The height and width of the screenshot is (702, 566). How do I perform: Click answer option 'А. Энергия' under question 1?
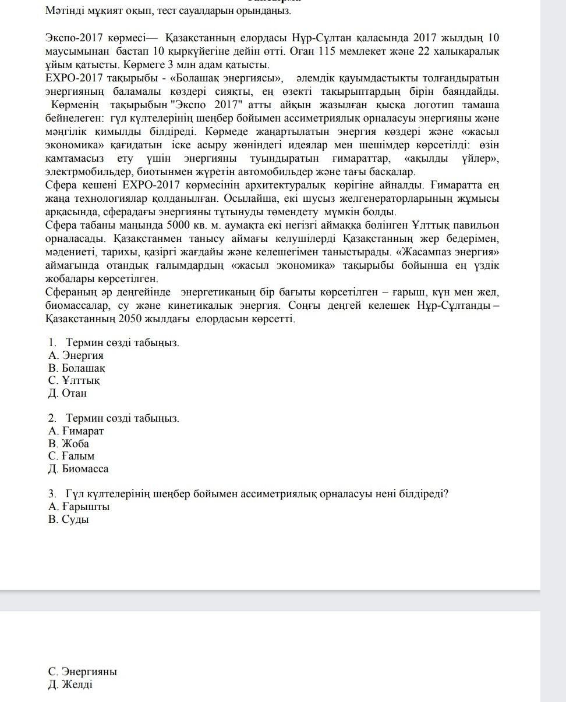pyautogui.click(x=76, y=355)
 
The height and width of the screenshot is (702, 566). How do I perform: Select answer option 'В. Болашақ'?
pyautogui.click(x=77, y=368)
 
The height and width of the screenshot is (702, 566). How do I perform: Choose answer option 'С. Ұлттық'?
pyautogui.click(x=74, y=380)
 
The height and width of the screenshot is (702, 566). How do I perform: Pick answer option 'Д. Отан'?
pyautogui.click(x=68, y=393)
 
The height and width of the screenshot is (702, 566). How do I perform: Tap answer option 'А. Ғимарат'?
pyautogui.click(x=76, y=431)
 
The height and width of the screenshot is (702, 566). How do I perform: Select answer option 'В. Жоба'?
pyautogui.click(x=69, y=444)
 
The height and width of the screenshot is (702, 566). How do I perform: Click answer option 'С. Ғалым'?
pyautogui.click(x=71, y=456)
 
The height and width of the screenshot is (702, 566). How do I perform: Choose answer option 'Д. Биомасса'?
pyautogui.click(x=78, y=469)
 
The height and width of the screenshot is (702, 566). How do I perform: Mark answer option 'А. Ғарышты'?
pyautogui.click(x=79, y=507)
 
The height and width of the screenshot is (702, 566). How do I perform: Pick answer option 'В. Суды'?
pyautogui.click(x=69, y=519)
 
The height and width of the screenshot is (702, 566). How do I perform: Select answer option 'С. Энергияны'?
pyautogui.click(x=82, y=672)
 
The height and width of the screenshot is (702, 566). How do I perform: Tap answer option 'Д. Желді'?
pyautogui.click(x=70, y=685)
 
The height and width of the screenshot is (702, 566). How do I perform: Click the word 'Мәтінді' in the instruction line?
pyautogui.click(x=65, y=10)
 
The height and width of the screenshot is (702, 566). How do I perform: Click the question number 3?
pyautogui.click(x=52, y=494)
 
